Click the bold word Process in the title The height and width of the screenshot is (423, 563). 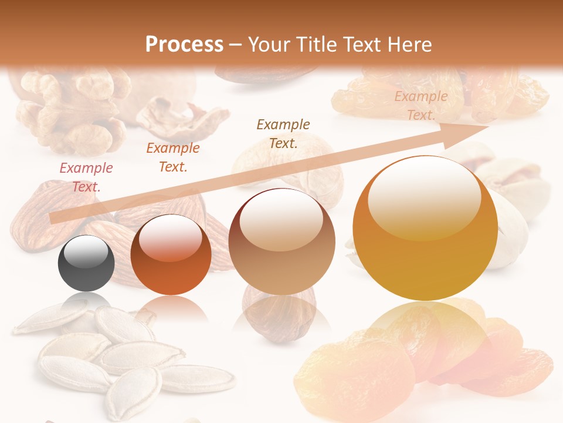(x=184, y=44)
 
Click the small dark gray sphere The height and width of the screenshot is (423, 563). (x=86, y=264)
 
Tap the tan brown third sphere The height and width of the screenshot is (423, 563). (x=282, y=241)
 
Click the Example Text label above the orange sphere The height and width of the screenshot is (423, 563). (x=173, y=157)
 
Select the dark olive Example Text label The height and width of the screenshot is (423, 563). (x=283, y=133)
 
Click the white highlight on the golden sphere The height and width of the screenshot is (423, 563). (x=424, y=191)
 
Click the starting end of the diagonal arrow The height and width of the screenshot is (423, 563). (x=53, y=219)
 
